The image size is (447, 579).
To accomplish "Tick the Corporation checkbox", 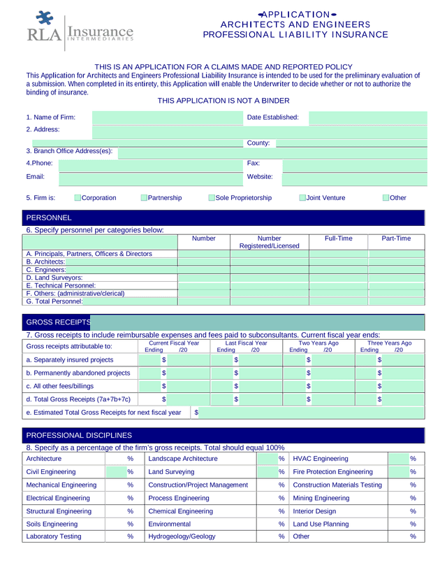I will (x=78, y=199).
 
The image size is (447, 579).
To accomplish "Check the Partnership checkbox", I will (x=144, y=199).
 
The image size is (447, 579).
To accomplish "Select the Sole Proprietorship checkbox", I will (x=211, y=199).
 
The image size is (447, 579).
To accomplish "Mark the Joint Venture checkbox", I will (x=302, y=199).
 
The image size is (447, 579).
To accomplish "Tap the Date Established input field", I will (x=367, y=117).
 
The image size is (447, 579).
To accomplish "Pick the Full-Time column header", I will (x=338, y=239).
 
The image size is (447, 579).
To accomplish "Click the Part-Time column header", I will (x=396, y=239).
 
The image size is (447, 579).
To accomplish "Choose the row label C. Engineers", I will (x=46, y=269).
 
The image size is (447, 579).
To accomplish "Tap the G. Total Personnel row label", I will (x=54, y=302).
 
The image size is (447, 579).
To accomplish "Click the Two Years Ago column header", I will (x=318, y=343).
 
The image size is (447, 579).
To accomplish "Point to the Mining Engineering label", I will (x=321, y=498).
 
